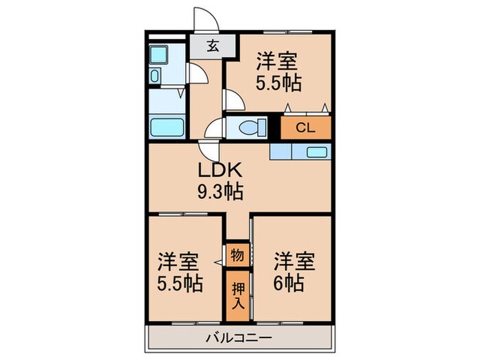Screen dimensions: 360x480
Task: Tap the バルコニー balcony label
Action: coord(239,338)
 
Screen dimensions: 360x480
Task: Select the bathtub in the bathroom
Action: coord(167,128)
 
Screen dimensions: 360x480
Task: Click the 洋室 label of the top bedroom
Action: coord(277,62)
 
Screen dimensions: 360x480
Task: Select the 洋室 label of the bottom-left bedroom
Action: coord(180,262)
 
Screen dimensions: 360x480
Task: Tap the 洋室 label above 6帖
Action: coord(295,261)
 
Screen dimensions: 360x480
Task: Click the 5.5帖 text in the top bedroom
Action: coord(278,84)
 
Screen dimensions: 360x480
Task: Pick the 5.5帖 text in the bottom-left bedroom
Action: coord(180,283)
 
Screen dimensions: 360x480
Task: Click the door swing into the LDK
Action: coord(208,150)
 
